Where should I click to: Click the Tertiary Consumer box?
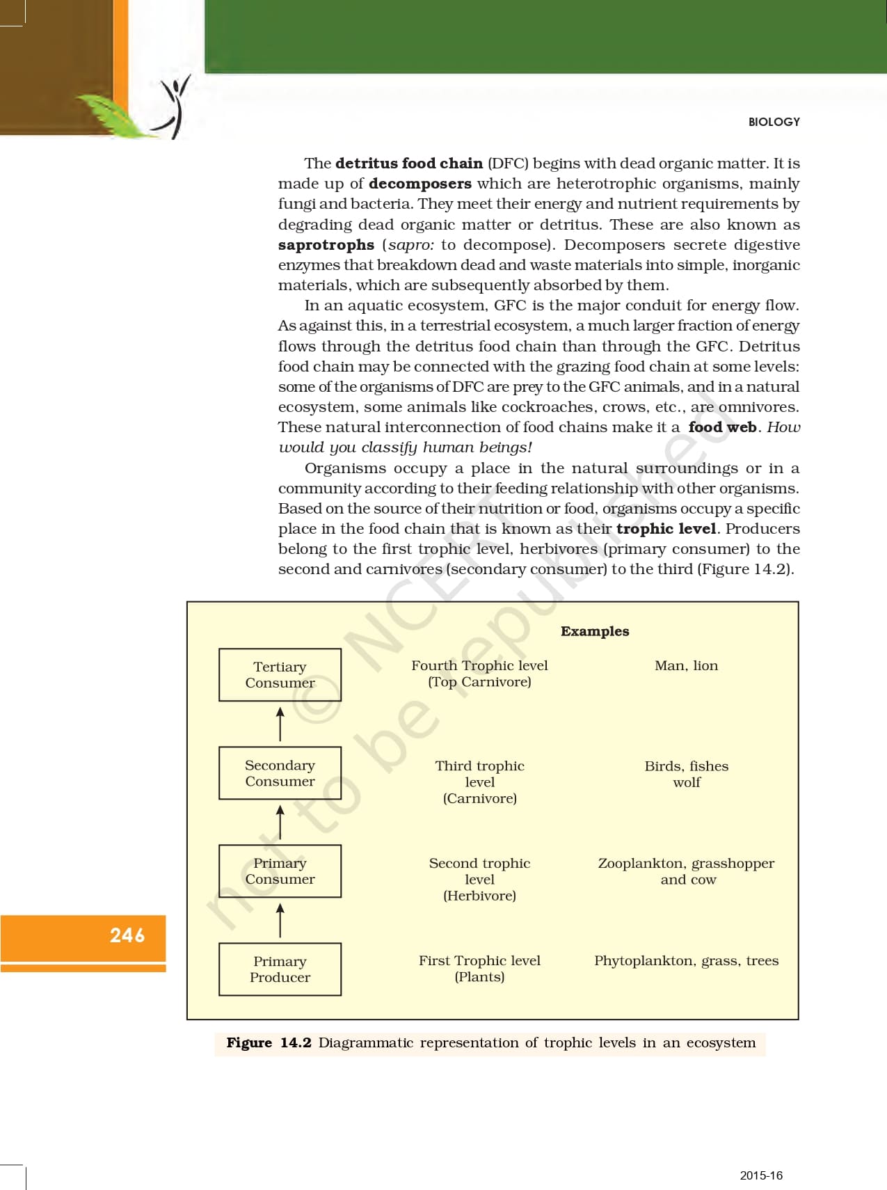click(280, 674)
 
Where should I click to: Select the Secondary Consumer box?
click(280, 772)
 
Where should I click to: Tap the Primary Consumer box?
click(280, 871)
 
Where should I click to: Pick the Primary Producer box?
click(280, 969)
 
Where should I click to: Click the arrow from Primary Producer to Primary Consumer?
click(280, 920)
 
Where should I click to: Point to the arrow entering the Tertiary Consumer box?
click(280, 724)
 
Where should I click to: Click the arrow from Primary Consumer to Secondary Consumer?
click(280, 822)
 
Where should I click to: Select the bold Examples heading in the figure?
click(595, 631)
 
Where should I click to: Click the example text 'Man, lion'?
click(686, 665)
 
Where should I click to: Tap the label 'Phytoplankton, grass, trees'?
click(686, 960)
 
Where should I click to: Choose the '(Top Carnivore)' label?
click(479, 682)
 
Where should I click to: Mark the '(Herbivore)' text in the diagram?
click(479, 896)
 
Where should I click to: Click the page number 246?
click(127, 935)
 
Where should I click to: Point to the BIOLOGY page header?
click(774, 122)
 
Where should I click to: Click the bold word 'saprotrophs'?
click(326, 245)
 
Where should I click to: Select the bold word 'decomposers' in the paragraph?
click(420, 184)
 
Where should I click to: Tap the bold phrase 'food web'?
click(722, 427)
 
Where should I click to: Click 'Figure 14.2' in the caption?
click(269, 1042)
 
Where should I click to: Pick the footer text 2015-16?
click(761, 1175)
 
